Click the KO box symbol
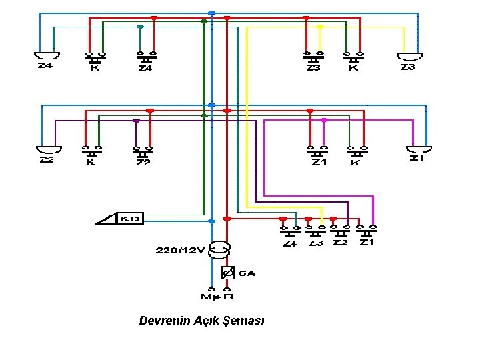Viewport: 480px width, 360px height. click(130, 218)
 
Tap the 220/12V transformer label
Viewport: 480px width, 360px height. click(179, 251)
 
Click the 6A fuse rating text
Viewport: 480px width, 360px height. click(247, 273)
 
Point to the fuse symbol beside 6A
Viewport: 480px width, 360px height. click(227, 273)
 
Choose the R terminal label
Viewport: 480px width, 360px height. click(229, 296)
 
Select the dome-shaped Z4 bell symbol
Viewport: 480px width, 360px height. click(47, 55)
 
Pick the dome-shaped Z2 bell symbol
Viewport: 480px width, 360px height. click(49, 149)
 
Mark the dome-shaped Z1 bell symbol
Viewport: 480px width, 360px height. click(419, 149)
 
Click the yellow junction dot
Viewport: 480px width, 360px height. click(320, 27)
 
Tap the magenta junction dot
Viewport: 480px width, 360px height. click(323, 121)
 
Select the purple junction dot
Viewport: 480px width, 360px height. click(136, 121)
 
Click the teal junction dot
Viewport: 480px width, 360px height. click(139, 27)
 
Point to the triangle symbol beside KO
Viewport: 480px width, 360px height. click(107, 218)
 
